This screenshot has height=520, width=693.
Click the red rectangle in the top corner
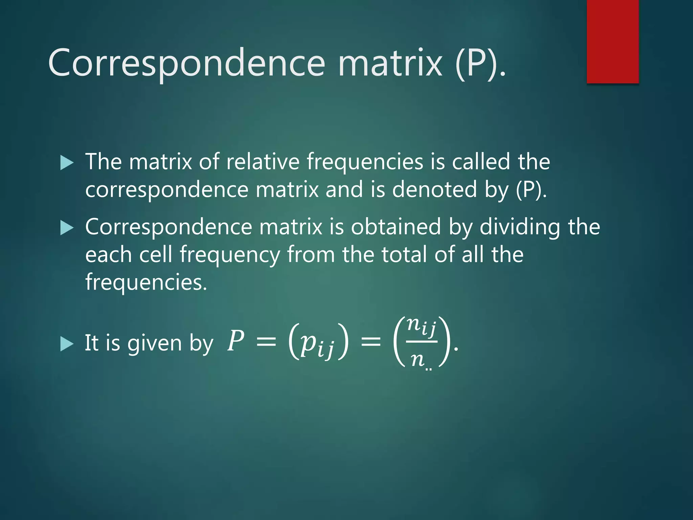coord(612,41)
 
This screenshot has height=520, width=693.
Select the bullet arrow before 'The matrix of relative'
coord(67,163)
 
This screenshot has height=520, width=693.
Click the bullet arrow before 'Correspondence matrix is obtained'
coord(67,228)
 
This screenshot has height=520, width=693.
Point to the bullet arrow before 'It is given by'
coord(67,344)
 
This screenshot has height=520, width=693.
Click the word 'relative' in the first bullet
coord(263,161)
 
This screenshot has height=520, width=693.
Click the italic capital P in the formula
coord(236,341)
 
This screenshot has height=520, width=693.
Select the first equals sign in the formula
coord(266,342)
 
